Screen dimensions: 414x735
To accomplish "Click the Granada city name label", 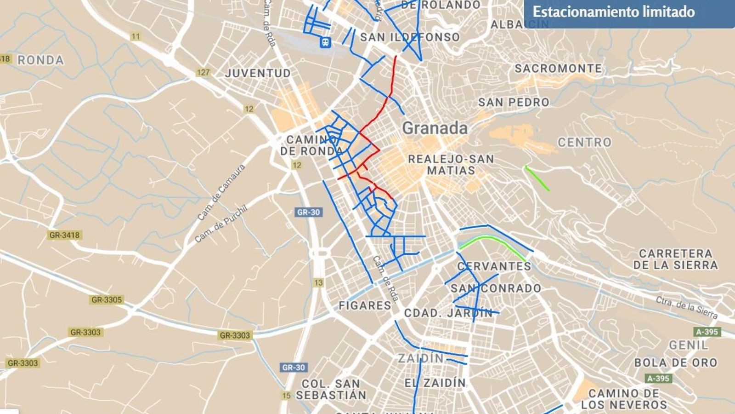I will click(435, 128).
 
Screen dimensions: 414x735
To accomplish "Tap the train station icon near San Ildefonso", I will click(325, 43).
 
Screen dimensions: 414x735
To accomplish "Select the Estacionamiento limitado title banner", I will click(614, 12).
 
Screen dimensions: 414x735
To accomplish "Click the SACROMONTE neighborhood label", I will click(558, 69).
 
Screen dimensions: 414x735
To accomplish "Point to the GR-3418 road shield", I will click(64, 235).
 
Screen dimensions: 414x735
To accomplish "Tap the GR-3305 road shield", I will click(107, 300).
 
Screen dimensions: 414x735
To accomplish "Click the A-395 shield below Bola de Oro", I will click(659, 379).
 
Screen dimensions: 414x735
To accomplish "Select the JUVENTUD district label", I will click(258, 73).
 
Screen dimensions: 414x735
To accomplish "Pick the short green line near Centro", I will click(537, 178).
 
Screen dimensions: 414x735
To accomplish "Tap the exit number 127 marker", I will click(203, 73).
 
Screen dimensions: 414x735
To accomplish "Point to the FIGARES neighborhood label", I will click(365, 305).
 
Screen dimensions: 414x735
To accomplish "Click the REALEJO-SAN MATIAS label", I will click(451, 165).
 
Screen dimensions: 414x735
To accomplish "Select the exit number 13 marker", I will click(319, 282).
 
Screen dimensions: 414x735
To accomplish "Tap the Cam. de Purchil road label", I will click(220, 224).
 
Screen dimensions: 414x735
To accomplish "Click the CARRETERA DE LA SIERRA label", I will click(675, 259).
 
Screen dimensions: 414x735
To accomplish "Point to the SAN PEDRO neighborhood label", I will click(514, 102).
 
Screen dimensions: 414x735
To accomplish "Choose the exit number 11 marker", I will click(136, 36).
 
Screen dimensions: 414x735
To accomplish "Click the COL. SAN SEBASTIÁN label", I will click(331, 389).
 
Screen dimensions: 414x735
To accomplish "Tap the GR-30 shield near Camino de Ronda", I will click(308, 212).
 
